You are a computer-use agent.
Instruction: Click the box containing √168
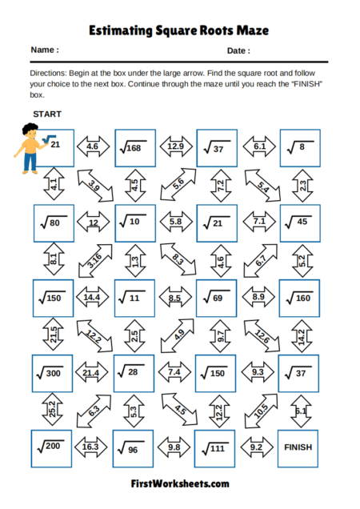(135, 147)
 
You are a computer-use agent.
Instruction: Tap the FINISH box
(298, 447)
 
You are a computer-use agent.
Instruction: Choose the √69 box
(217, 298)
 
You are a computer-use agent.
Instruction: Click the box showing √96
(134, 449)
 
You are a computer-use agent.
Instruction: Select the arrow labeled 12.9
(177, 147)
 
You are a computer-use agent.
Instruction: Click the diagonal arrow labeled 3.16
(95, 260)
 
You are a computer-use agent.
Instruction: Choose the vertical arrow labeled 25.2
(53, 410)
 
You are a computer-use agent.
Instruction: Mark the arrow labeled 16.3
(92, 448)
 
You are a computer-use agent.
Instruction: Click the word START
(47, 114)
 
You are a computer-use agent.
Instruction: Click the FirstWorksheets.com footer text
(180, 484)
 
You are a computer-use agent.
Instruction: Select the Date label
(238, 50)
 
